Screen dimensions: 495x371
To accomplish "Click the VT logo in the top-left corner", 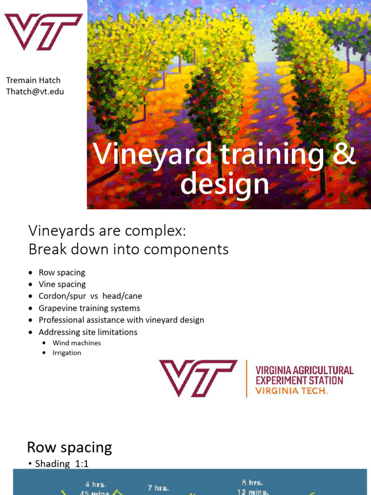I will [43, 31].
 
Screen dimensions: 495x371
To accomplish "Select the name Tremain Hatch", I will [33, 80].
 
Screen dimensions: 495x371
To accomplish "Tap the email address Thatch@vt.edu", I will [35, 91].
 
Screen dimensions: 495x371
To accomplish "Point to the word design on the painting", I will [225, 184].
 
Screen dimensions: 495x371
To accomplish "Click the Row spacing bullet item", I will [62, 273].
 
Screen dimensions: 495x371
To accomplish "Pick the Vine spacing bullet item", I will [62, 284].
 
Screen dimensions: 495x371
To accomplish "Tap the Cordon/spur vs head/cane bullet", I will [90, 296].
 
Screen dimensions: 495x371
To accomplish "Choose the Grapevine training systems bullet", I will [89, 308].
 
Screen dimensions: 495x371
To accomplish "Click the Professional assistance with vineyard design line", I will [121, 320].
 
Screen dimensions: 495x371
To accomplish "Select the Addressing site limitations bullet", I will [88, 332].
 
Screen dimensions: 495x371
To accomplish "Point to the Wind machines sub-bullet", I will [77, 343].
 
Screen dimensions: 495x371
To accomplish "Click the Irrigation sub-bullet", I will [67, 353].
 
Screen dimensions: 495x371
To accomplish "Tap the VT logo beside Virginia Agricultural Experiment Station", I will [198, 378].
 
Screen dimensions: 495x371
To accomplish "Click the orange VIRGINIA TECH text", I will [291, 391].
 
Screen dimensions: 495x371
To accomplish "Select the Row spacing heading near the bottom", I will [70, 447].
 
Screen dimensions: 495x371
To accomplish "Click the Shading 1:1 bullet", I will [62, 464].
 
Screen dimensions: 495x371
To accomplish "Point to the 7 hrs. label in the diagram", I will [158, 488].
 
